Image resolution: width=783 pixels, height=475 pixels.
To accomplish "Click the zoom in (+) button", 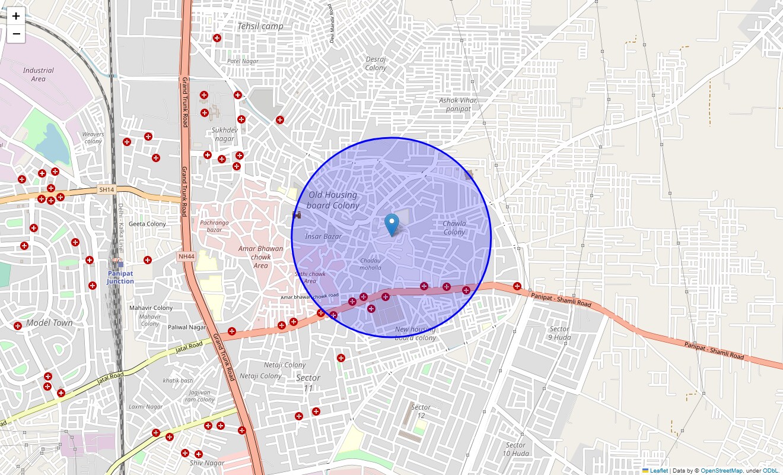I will coord(16,16).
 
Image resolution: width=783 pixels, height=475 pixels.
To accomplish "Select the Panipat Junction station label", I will coord(120,277).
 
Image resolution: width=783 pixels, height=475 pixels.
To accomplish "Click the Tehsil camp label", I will coord(260,26).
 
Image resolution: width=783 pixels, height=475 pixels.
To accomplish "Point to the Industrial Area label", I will coord(38,74).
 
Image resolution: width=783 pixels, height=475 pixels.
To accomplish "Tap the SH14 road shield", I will coord(106,189).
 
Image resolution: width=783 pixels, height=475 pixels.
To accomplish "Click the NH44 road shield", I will coord(186,256).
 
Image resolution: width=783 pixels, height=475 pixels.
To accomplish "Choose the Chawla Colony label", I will coord(454,228).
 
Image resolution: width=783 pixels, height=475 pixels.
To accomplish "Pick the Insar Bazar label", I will coord(323,236).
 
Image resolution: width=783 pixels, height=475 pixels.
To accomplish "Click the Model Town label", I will coord(50,323).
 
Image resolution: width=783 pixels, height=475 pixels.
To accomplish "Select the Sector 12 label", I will coord(421,411).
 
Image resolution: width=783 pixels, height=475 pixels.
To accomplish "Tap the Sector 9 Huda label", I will coord(559,333).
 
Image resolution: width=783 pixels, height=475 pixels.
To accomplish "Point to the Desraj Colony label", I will coord(375,64).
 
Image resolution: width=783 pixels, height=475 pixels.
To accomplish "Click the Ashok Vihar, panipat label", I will coord(459,104).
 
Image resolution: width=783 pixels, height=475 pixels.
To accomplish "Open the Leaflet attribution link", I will coord(658,470).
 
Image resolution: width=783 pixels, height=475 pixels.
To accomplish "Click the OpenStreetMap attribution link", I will coord(721,470).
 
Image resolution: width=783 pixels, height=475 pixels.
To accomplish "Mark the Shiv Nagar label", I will coord(207,463).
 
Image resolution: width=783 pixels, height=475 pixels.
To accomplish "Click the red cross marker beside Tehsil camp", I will coord(217,38).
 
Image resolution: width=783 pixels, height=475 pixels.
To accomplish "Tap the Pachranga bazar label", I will coord(214,226).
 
